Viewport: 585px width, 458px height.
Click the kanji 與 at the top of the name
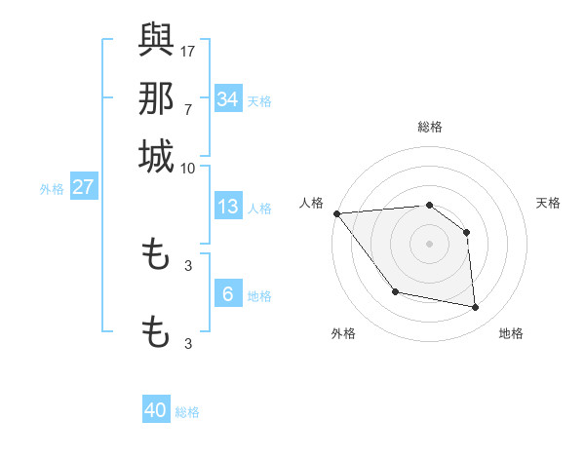coord(156,39)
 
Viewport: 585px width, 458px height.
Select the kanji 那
coord(156,98)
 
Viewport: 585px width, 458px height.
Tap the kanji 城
coord(156,157)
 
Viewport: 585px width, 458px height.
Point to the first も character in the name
coord(156,256)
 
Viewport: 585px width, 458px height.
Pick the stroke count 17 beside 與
coord(188,50)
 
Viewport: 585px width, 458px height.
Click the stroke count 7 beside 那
coord(188,109)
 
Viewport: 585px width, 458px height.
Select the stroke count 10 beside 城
coord(188,168)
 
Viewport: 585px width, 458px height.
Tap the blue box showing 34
coord(228,99)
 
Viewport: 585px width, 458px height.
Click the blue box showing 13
coord(228,207)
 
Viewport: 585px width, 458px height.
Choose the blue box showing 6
coord(228,294)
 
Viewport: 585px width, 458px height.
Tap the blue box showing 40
coord(156,410)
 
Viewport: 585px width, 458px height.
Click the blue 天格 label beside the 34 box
coord(259,101)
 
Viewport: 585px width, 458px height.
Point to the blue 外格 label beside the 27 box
coord(51,189)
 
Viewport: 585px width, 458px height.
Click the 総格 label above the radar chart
coord(430,127)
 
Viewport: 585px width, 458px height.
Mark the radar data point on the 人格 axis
coord(336,213)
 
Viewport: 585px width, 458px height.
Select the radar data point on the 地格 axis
coord(476,308)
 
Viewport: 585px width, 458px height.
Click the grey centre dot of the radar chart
coord(430,244)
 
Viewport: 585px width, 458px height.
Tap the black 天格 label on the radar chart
coord(549,203)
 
